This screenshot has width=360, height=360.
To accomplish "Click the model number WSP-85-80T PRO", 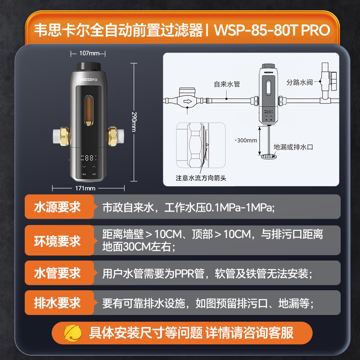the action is coord(272,30).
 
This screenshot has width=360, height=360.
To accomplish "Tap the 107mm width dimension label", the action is coord(89,53).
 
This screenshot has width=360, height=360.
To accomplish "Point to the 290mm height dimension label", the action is coord(134,122).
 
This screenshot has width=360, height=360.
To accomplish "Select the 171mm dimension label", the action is coord(85,188).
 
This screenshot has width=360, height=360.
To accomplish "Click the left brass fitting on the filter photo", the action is coord(64,136).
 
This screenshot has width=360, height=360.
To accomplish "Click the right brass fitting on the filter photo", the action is coord(113,136).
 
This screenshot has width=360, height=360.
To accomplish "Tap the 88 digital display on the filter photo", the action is coord(89,158).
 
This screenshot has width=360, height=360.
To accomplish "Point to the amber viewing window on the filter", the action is coord(89,111).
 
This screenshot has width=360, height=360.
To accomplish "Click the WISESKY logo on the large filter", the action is coord(89,80).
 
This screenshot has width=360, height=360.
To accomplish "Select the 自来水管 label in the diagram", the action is coord(227,84).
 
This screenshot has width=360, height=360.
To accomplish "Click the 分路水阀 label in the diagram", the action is coord(299,82).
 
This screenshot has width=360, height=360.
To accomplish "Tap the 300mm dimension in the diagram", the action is coord(247,140).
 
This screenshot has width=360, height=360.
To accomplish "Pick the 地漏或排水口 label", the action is coord(293,147).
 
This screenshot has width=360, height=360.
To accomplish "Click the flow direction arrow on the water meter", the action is coord(188,101).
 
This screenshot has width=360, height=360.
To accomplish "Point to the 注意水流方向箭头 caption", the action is coord(201,178).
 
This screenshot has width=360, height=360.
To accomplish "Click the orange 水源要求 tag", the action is coord(59,207).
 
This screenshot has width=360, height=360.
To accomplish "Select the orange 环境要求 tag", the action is coord(59,240).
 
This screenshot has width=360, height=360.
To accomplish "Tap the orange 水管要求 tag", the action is coord(59,273).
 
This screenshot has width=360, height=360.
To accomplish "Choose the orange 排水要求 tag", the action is coord(59,302).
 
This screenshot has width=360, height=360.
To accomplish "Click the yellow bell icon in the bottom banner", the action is coord(72,333).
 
